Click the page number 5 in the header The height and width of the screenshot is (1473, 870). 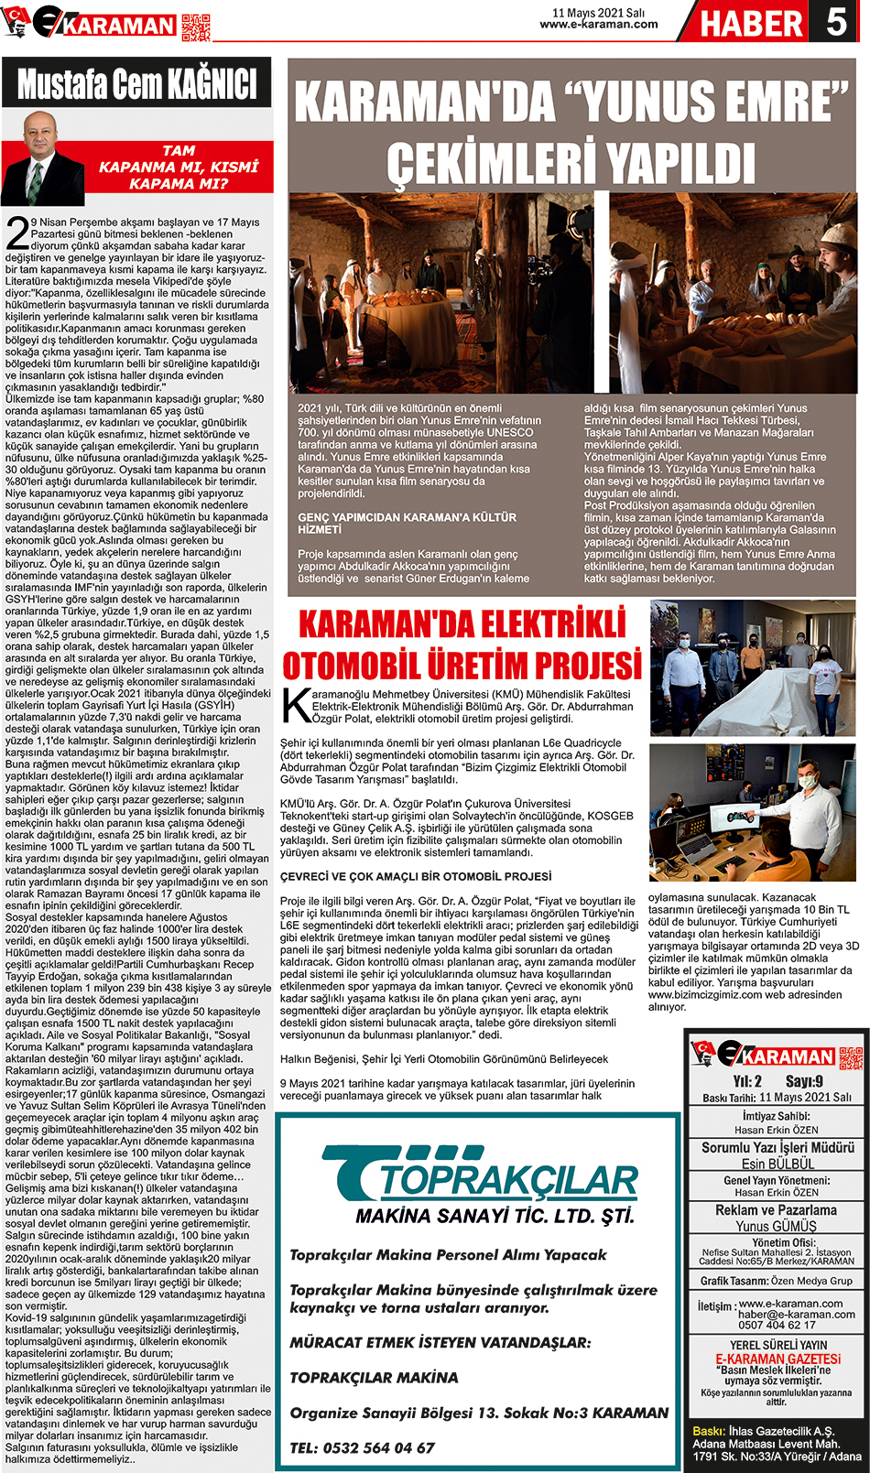(836, 21)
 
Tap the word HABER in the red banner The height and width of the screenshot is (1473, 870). (751, 24)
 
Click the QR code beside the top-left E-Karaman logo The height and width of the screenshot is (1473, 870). (196, 27)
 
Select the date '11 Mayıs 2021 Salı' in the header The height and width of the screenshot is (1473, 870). (598, 13)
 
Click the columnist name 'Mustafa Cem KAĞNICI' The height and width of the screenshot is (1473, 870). (137, 84)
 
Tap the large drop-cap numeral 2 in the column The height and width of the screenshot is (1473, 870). (17, 234)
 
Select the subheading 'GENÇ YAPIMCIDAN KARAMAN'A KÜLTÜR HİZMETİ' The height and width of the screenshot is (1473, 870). (407, 523)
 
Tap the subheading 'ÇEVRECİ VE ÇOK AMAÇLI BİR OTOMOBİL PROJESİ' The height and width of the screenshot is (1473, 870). (416, 876)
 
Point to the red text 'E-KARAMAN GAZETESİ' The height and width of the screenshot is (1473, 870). (778, 1359)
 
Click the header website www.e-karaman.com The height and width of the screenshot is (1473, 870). (598, 25)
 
